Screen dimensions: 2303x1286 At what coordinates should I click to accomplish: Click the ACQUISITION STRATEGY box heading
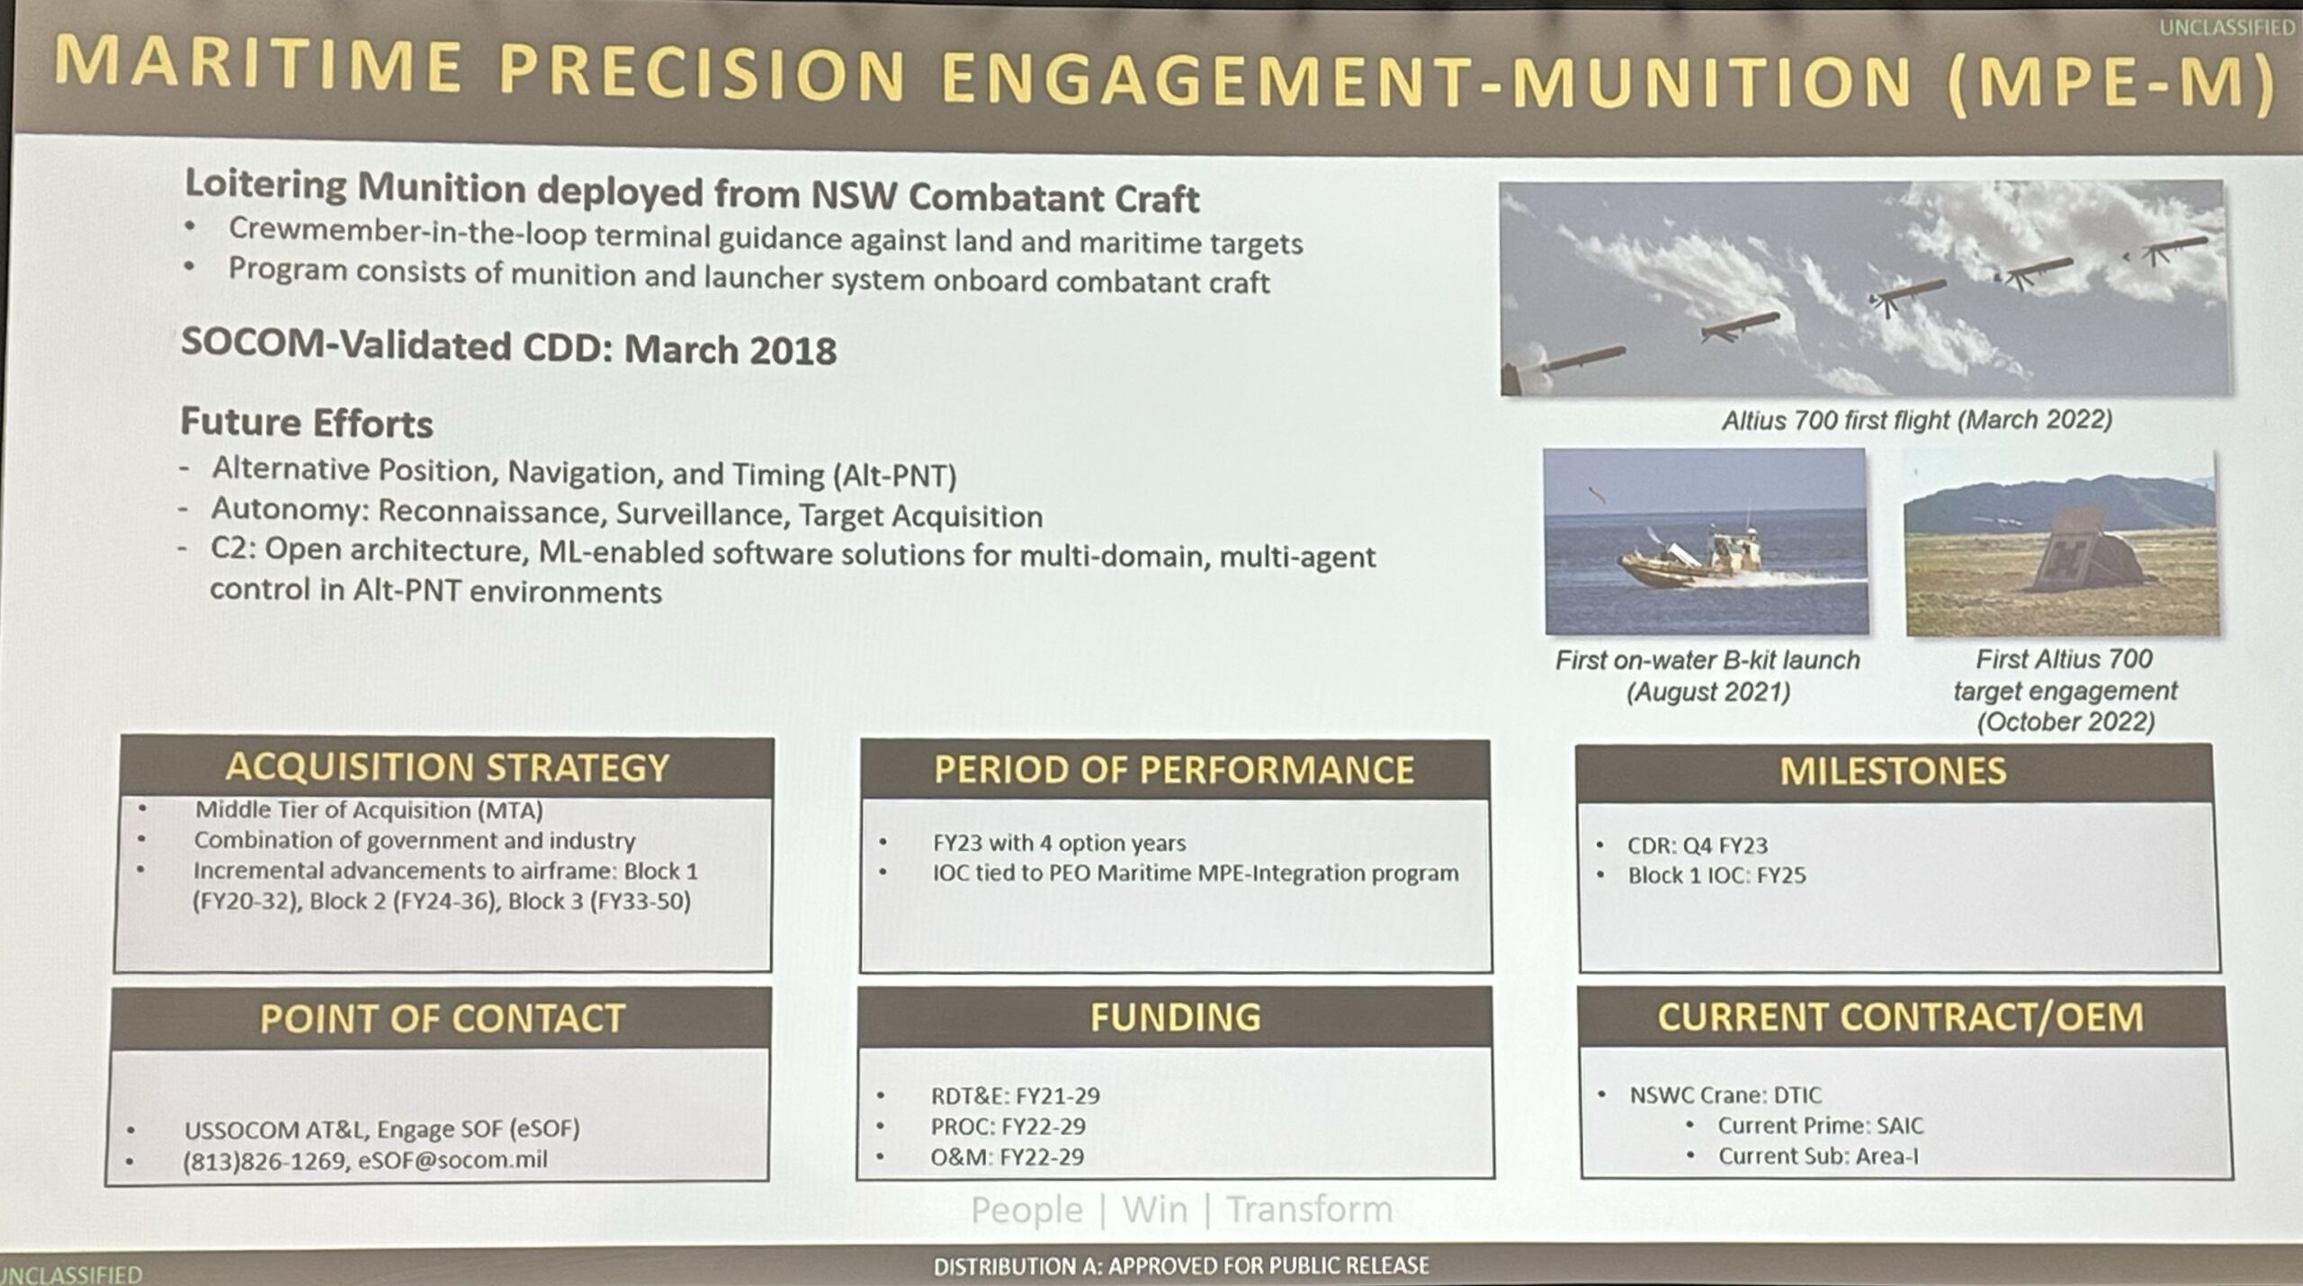pyautogui.click(x=447, y=767)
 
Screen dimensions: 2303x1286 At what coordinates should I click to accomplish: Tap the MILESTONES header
pyautogui.click(x=1893, y=771)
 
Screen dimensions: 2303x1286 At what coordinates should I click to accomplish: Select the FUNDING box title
pyautogui.click(x=1175, y=1017)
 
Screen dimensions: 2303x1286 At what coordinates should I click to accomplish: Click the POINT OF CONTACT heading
pyautogui.click(x=443, y=1019)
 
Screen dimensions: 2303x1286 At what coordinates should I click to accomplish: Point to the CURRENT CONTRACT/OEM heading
pyautogui.click(x=1900, y=1017)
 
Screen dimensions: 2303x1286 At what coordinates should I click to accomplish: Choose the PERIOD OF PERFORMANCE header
pyautogui.click(x=1174, y=770)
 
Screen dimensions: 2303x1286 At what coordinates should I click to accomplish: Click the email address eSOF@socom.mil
pyautogui.click(x=453, y=1160)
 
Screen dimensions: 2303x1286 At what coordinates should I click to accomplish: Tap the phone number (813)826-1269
pyautogui.click(x=265, y=1161)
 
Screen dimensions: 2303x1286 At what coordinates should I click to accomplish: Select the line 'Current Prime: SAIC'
pyautogui.click(x=1820, y=1126)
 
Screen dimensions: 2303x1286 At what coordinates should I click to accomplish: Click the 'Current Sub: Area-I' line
pyautogui.click(x=1818, y=1156)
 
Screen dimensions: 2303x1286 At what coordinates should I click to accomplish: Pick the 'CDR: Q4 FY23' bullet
pyautogui.click(x=1697, y=845)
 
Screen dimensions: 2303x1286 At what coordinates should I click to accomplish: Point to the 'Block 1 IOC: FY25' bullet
pyautogui.click(x=1716, y=875)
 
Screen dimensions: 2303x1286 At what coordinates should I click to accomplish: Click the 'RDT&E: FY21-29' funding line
pyautogui.click(x=1015, y=1095)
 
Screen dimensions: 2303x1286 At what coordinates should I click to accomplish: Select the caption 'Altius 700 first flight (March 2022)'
pyautogui.click(x=1916, y=420)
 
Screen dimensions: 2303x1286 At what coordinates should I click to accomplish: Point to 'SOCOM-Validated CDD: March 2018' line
pyautogui.click(x=508, y=347)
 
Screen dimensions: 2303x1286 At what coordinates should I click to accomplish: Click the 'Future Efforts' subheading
pyautogui.click(x=307, y=423)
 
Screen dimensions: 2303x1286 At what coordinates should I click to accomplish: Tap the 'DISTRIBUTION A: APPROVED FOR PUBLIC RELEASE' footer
pyautogui.click(x=1181, y=1266)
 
